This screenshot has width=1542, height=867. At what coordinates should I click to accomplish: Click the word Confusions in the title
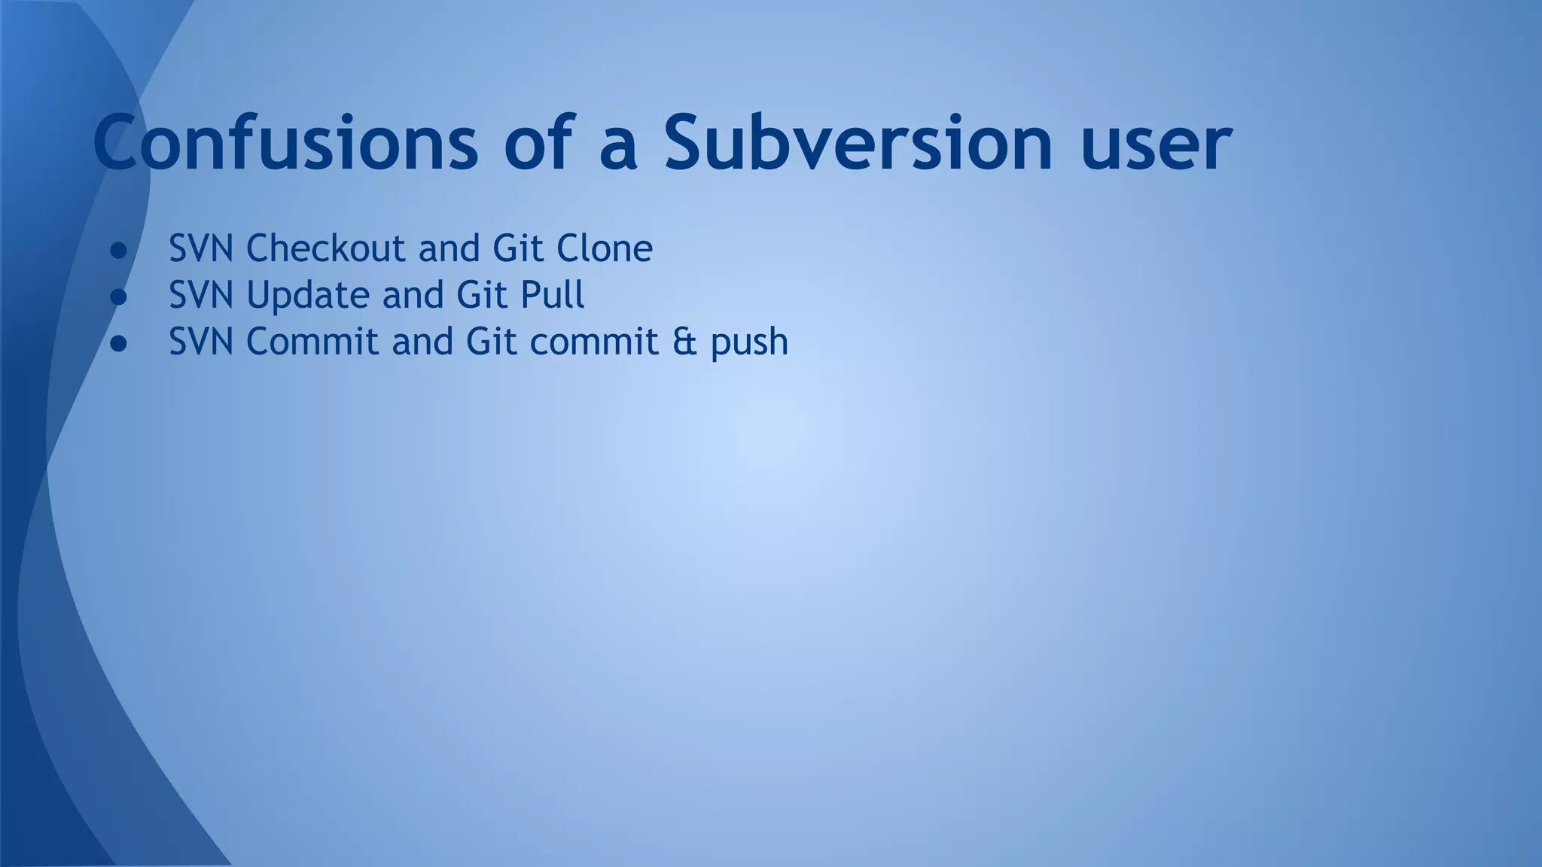click(285, 141)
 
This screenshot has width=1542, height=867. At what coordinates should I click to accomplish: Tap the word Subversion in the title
click(858, 141)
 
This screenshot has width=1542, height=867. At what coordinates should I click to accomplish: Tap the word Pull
click(552, 295)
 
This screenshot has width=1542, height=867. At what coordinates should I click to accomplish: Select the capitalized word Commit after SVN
click(312, 342)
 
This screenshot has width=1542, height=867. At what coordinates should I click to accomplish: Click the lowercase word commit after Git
click(594, 342)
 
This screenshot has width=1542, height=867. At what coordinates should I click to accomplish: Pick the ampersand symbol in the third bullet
click(684, 342)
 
